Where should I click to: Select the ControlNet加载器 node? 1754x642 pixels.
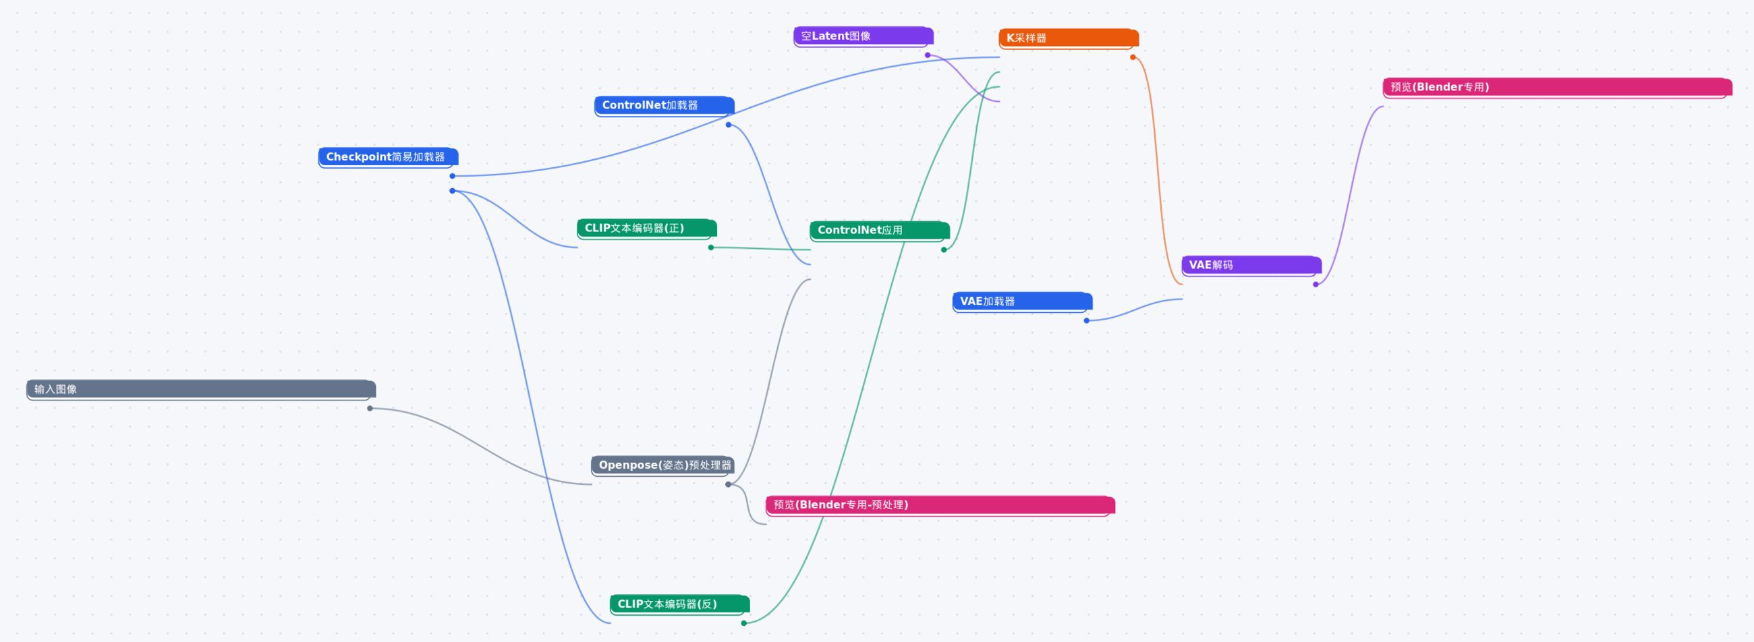click(x=664, y=105)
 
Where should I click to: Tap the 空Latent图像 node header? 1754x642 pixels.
click(x=863, y=36)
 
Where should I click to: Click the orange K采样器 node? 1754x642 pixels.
click(x=1069, y=38)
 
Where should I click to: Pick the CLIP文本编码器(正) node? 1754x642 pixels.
click(x=646, y=229)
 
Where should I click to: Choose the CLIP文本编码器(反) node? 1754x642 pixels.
click(x=679, y=604)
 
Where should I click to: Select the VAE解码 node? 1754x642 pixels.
click(x=1251, y=266)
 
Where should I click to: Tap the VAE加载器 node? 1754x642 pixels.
click(x=1022, y=301)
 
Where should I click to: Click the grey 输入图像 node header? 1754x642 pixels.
click(x=201, y=389)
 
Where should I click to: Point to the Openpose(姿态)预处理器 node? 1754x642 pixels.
click(x=662, y=466)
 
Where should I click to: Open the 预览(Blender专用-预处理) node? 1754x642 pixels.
click(x=940, y=505)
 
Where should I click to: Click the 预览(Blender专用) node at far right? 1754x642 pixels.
click(x=1557, y=88)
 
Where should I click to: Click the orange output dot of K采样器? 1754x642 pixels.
click(x=1133, y=57)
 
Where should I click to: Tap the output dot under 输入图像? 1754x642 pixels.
click(x=370, y=409)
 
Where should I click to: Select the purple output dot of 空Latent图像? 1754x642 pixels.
click(x=928, y=55)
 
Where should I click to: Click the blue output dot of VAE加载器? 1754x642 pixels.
click(x=1087, y=320)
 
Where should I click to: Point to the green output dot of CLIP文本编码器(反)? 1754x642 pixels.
click(x=743, y=623)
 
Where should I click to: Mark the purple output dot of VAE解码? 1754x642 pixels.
click(x=1315, y=285)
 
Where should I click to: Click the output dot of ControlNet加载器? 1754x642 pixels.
click(x=729, y=125)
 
